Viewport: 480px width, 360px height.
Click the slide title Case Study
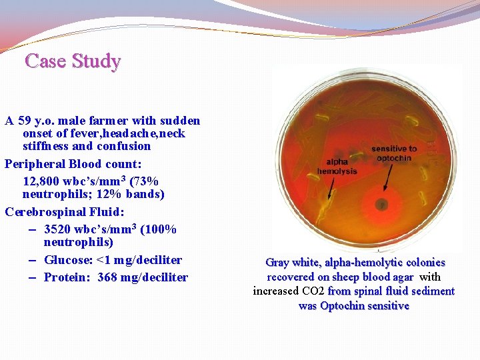[x=73, y=61]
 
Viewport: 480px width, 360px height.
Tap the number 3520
[x=59, y=229]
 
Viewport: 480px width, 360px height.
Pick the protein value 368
[x=107, y=277]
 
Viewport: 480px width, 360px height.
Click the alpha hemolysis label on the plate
[x=337, y=167]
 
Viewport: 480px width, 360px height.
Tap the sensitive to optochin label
[x=394, y=153]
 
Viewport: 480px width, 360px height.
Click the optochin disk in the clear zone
[x=381, y=204]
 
